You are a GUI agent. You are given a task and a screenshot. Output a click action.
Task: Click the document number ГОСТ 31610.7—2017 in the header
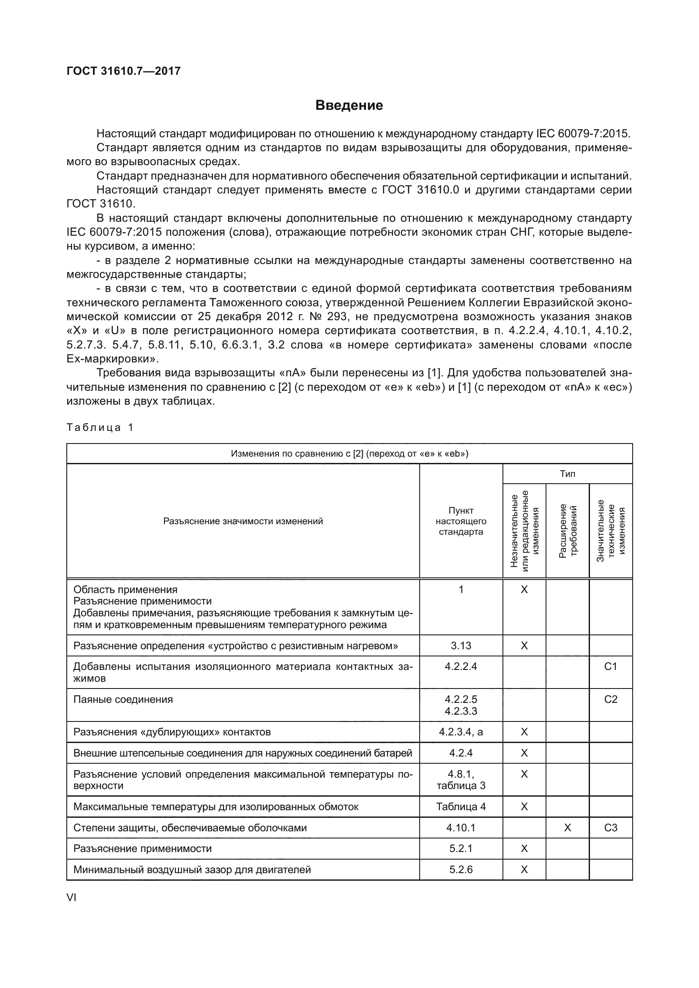[123, 71]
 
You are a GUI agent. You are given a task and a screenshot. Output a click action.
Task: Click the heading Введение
[349, 105]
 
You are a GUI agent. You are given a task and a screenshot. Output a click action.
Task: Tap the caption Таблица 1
[100, 427]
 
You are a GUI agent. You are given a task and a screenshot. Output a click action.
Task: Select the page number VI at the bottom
[71, 897]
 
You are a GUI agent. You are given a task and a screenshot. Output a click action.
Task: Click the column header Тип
[567, 474]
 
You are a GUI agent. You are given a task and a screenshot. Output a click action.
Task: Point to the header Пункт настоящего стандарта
[461, 521]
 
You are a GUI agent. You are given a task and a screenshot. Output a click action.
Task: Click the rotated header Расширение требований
[568, 531]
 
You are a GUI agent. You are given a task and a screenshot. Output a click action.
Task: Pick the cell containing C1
[611, 667]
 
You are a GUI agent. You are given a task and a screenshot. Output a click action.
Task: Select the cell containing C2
[611, 699]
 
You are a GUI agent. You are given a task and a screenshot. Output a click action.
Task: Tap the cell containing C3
[611, 828]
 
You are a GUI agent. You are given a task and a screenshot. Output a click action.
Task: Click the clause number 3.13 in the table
[461, 645]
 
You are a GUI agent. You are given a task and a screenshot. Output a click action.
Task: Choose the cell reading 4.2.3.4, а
[461, 732]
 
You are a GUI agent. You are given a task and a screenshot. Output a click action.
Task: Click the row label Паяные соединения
[123, 699]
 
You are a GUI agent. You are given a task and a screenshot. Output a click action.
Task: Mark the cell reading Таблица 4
[461, 806]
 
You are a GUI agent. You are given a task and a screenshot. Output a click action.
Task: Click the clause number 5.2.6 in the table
[461, 870]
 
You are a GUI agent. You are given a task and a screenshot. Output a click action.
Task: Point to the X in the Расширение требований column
[567, 828]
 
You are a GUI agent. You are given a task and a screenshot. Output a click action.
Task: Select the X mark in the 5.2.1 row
[524, 849]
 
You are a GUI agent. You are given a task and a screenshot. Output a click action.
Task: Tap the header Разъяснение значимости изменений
[243, 521]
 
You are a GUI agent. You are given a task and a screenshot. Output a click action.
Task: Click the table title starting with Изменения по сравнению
[349, 454]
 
